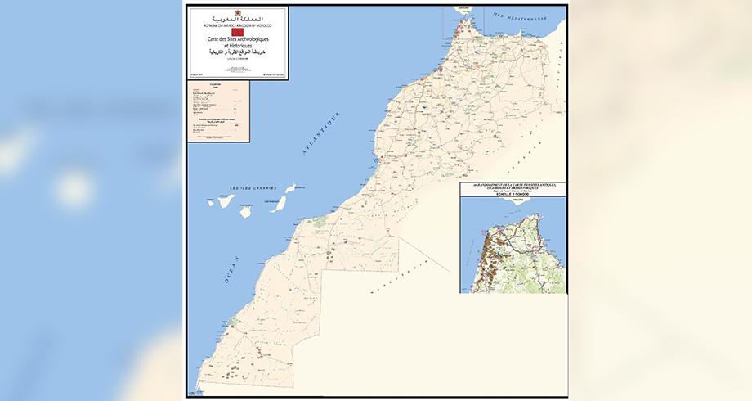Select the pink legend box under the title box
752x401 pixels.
(x=217, y=111)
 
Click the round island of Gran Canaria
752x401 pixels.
(x=244, y=211)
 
